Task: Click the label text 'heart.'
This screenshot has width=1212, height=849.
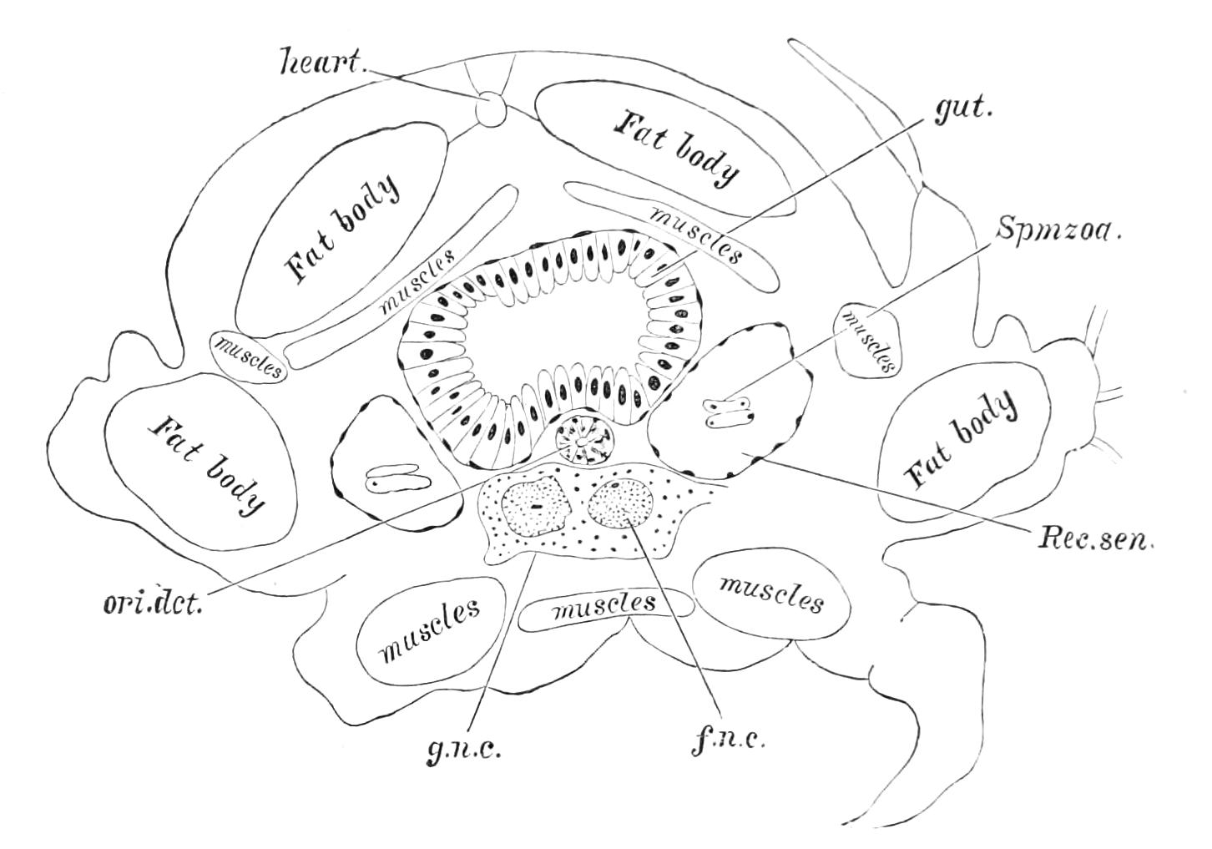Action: [323, 63]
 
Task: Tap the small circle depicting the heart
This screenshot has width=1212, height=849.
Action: [490, 109]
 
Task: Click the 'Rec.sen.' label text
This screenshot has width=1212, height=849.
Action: [1094, 538]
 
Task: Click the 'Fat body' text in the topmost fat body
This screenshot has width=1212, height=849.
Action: [676, 147]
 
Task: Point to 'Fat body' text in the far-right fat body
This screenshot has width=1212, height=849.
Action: [962, 440]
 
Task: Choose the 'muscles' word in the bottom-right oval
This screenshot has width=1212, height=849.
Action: [770, 594]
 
